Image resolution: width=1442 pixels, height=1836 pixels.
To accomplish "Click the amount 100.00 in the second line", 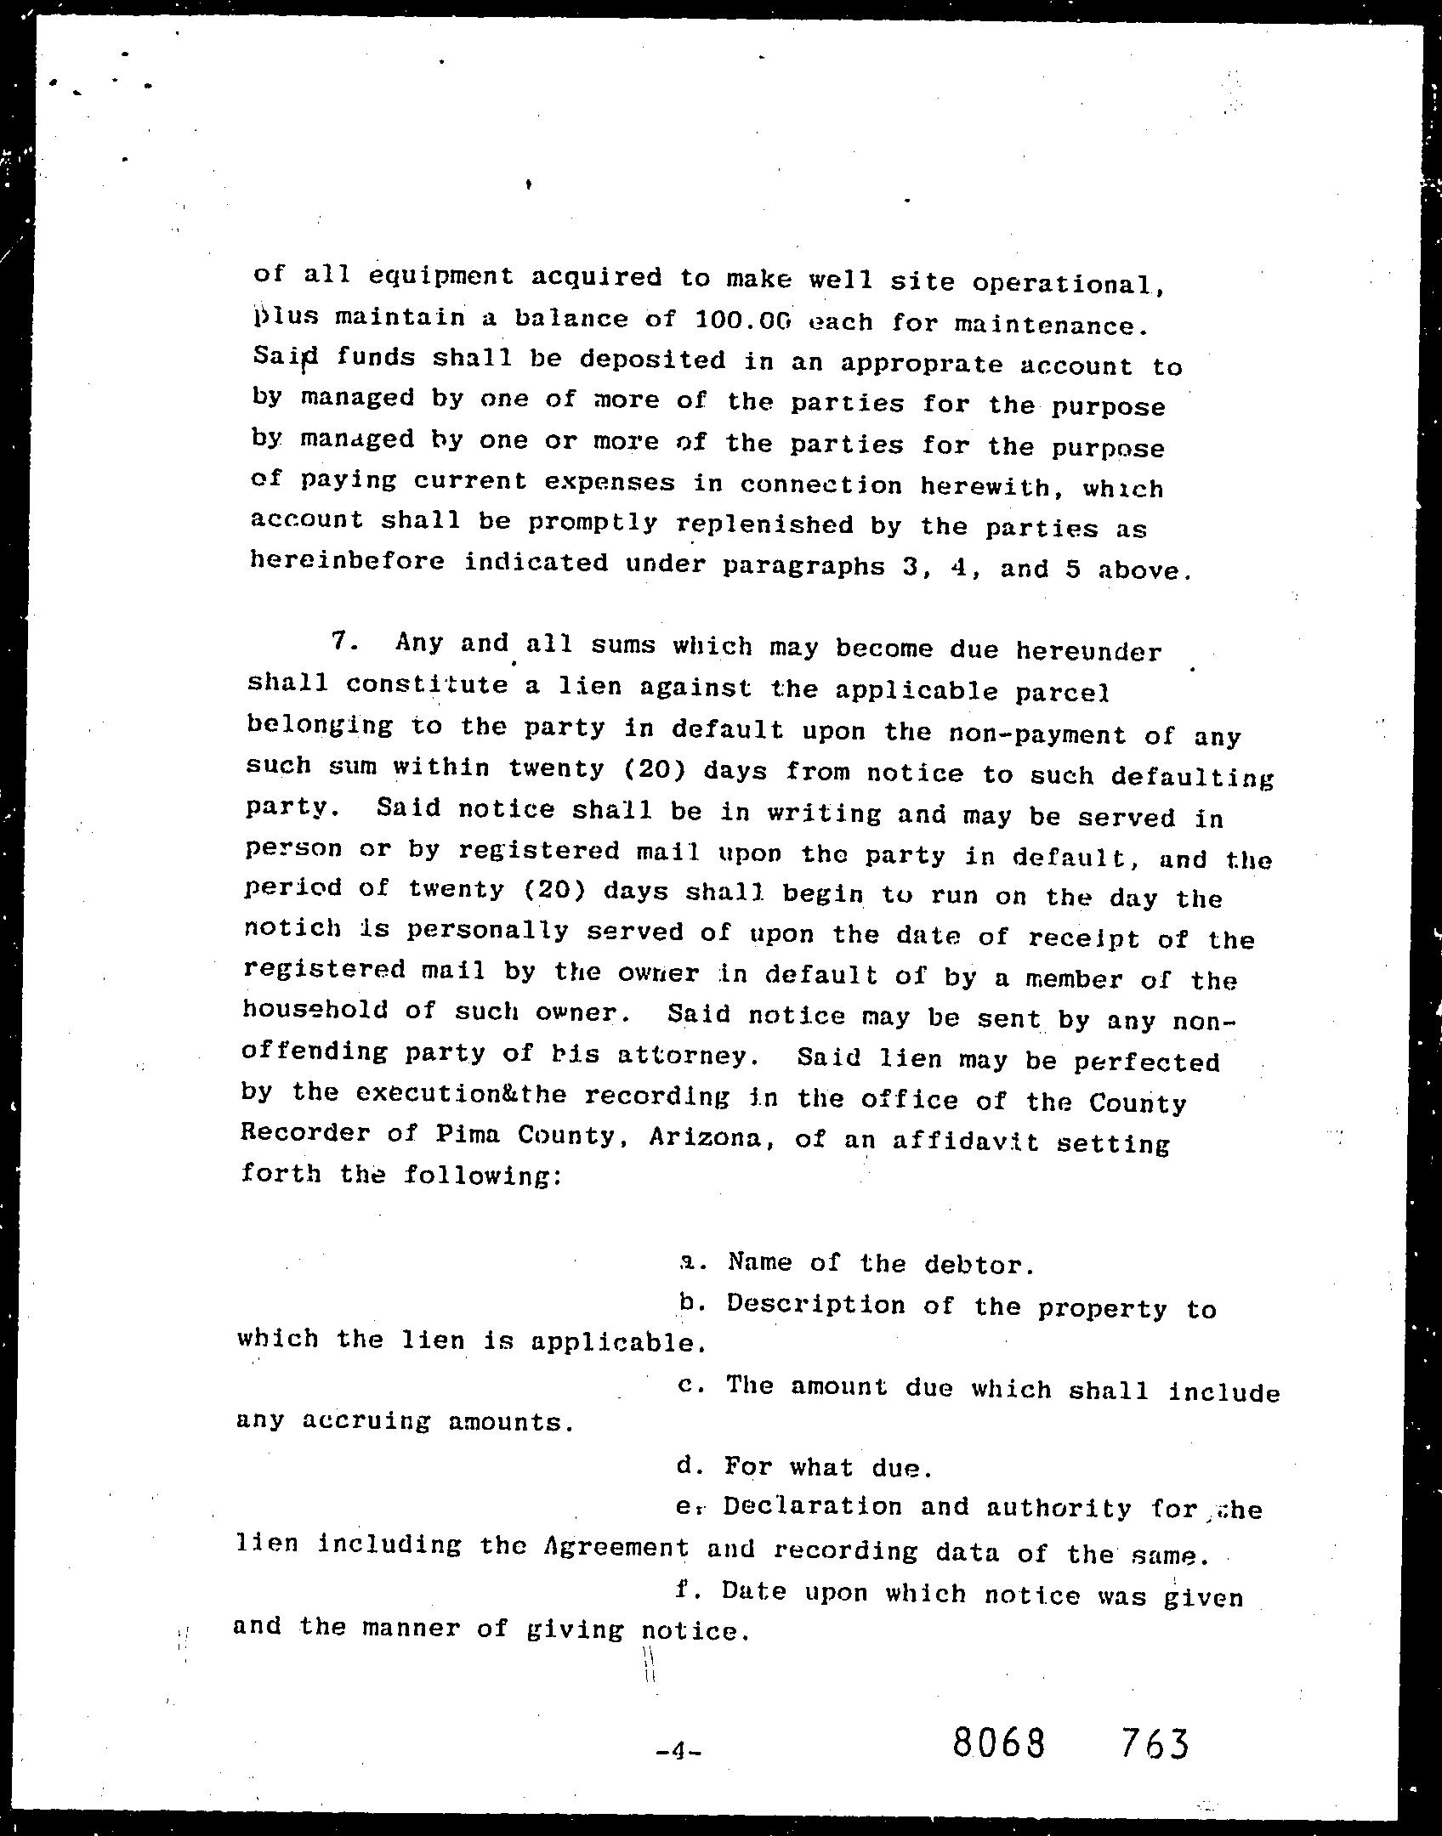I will pos(742,320).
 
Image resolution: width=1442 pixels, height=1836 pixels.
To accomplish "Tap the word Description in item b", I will pos(815,1305).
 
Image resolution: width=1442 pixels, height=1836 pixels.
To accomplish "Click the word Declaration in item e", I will pos(812,1507).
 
